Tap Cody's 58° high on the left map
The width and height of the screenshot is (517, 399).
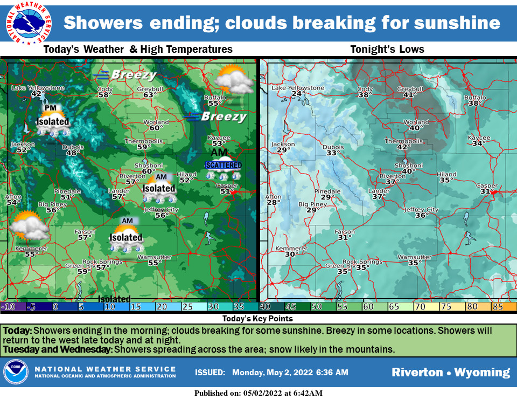[104, 95]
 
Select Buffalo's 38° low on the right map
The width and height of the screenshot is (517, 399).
[474, 104]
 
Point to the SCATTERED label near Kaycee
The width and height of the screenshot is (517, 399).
[223, 165]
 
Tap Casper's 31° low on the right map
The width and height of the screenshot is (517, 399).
[487, 191]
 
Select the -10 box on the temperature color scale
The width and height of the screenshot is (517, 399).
[10, 307]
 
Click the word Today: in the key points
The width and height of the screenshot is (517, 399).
[18, 329]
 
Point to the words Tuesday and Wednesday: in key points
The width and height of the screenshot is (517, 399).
[58, 349]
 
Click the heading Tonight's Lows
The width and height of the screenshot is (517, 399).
[387, 50]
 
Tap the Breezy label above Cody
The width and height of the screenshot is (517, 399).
[126, 75]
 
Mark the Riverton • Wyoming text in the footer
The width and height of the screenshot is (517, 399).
[450, 373]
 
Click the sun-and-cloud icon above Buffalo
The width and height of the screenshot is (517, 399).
[233, 79]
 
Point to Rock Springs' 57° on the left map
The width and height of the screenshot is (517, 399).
[102, 267]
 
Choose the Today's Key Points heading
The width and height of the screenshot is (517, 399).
[257, 319]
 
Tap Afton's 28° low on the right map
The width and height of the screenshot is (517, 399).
[274, 202]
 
